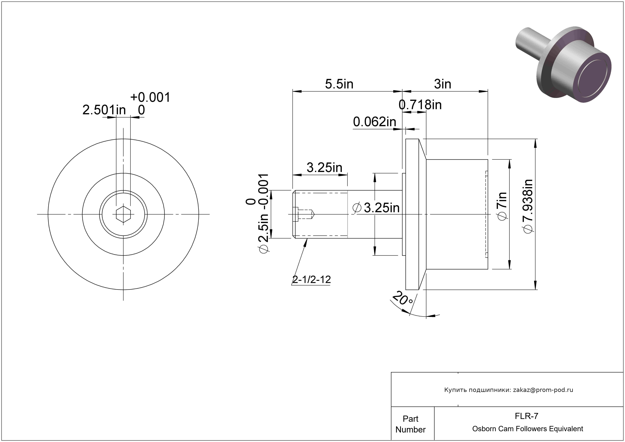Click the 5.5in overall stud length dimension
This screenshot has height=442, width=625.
point(339,84)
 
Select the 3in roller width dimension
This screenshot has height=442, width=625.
point(443,84)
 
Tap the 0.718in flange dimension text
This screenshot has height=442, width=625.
point(420,105)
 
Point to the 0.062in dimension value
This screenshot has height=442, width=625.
point(374,122)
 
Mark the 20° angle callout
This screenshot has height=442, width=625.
point(403,299)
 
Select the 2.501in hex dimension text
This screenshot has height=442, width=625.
point(104,110)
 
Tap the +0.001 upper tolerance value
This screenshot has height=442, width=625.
point(150,97)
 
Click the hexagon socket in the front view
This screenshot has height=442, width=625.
point(123,214)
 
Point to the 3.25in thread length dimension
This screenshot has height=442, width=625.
point(324,168)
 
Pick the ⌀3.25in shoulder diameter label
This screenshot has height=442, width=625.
point(376,208)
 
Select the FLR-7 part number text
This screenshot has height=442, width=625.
point(526,416)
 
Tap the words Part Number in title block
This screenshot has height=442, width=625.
point(410,424)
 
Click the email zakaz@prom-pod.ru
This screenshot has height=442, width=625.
point(543,390)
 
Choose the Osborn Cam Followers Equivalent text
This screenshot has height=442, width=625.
point(527,429)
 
